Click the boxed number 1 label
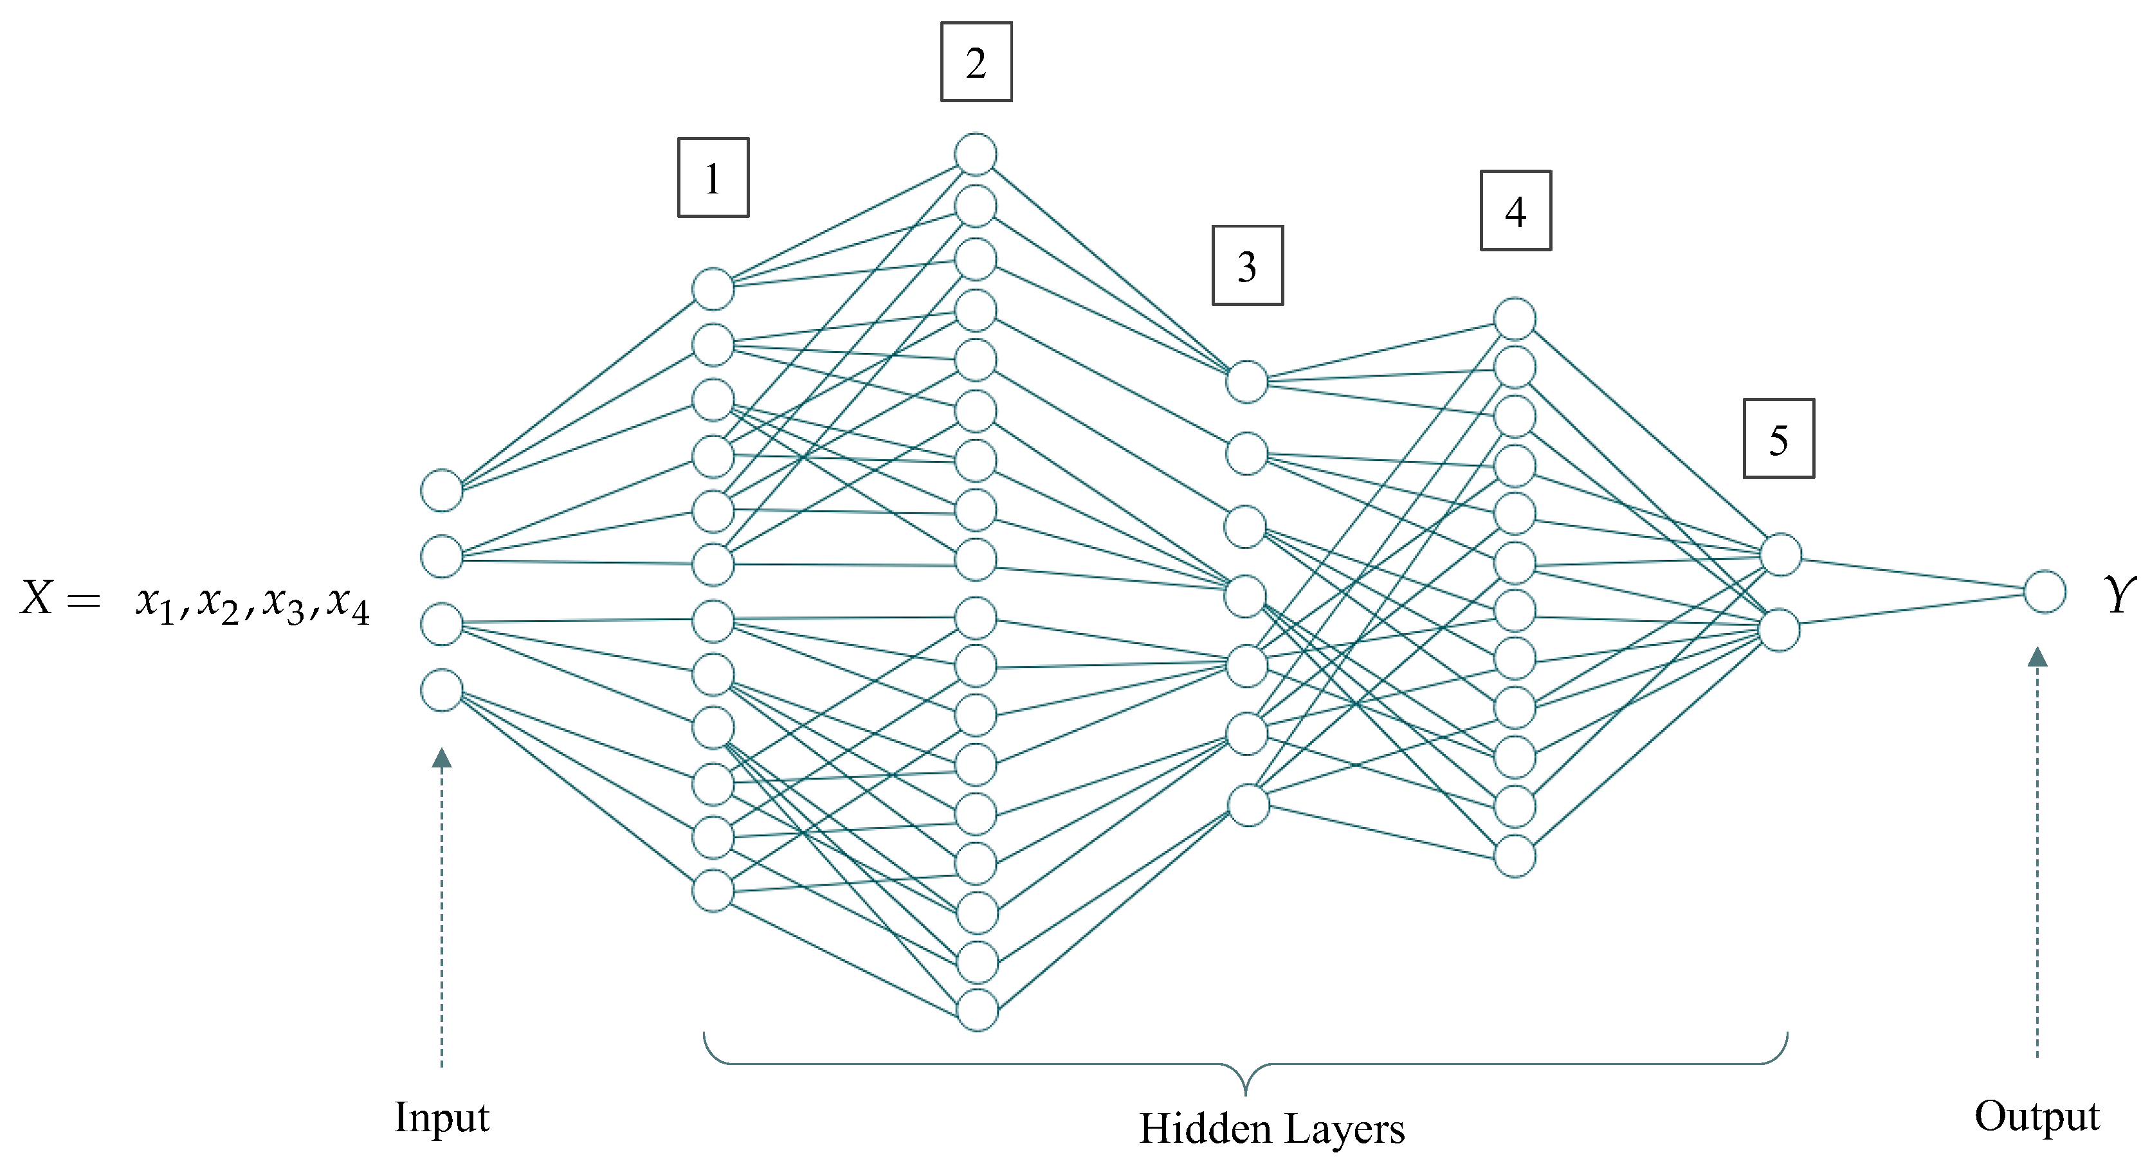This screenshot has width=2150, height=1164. (713, 178)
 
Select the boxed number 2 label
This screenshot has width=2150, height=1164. (976, 62)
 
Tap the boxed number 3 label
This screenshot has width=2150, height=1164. (1247, 265)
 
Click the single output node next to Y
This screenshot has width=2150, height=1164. (2044, 591)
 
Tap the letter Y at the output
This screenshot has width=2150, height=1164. (2118, 595)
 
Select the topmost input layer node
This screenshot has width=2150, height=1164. (442, 490)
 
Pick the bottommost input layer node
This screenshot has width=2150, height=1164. (442, 690)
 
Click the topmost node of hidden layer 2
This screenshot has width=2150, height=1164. (976, 154)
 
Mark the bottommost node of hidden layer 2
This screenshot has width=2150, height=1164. (976, 1010)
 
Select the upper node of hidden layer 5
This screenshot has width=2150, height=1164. (1780, 555)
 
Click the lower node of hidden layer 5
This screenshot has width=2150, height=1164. (1780, 630)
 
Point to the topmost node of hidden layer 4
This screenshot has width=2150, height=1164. (1514, 319)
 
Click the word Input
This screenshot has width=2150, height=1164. (442, 1116)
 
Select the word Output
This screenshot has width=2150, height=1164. (2037, 1116)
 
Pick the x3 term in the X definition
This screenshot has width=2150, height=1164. (284, 602)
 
